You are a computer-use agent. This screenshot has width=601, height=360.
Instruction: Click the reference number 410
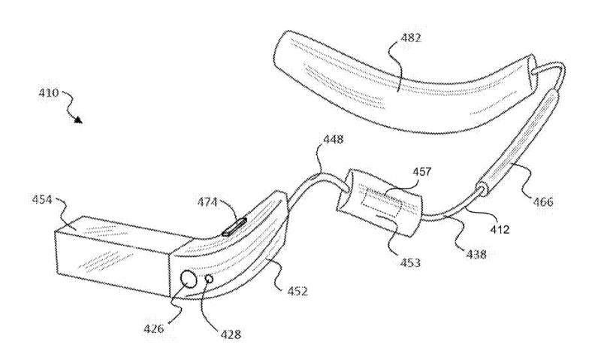[48, 92]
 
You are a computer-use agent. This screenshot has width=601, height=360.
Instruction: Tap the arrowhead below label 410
[78, 120]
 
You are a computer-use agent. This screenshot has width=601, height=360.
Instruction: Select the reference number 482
[411, 38]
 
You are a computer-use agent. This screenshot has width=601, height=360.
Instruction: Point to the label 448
[333, 139]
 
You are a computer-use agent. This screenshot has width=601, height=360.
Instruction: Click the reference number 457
[421, 171]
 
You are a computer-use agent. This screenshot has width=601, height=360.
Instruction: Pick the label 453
[410, 262]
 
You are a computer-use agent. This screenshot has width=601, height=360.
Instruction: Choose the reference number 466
[543, 201]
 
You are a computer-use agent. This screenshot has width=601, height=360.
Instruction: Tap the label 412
[500, 230]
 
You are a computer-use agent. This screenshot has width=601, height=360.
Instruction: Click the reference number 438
[476, 253]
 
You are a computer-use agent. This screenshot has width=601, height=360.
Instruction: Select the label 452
[297, 292]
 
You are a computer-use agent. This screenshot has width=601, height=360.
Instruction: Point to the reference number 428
[231, 334]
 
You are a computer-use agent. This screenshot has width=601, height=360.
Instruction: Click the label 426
[154, 328]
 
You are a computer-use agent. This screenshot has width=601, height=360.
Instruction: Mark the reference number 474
[207, 202]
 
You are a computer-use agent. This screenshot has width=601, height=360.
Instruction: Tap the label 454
[42, 199]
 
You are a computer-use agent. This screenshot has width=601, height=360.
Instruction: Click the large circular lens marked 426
[189, 279]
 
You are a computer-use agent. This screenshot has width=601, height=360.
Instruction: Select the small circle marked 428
[210, 279]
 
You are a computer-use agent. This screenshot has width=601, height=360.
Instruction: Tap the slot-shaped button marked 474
[234, 227]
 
